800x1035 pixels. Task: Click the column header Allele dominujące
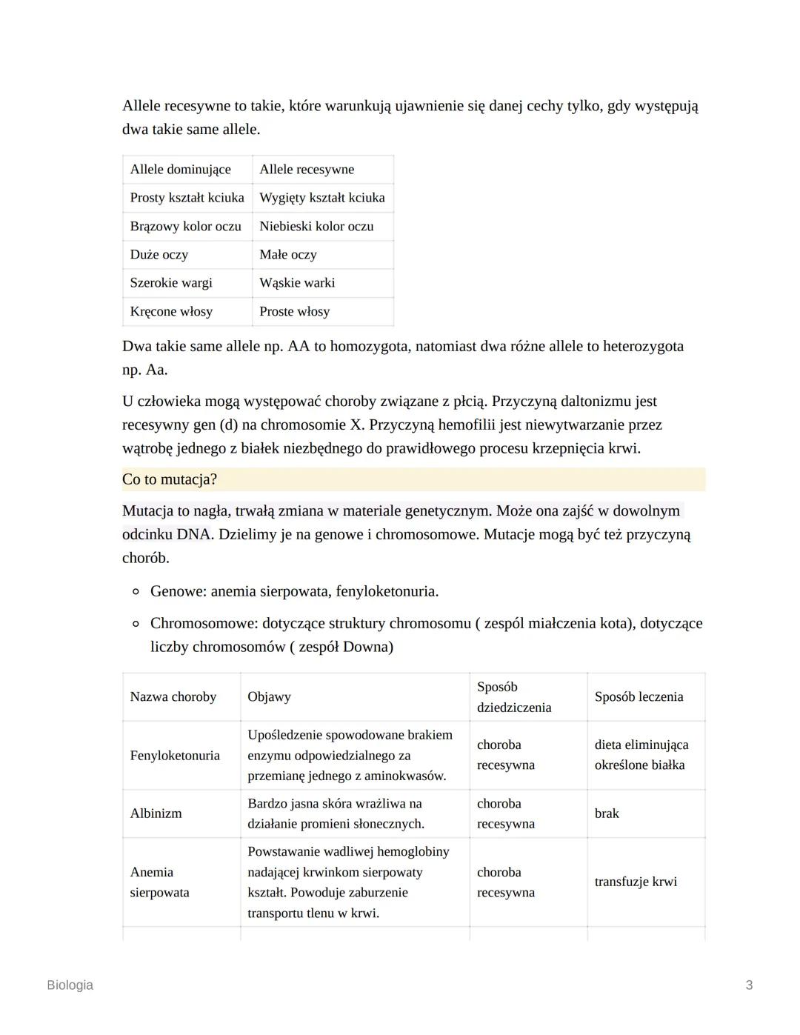180,170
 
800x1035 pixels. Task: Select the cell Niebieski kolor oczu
316,227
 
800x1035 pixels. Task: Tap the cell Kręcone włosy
171,312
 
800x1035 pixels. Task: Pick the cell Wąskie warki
297,283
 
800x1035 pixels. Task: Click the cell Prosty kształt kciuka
187,198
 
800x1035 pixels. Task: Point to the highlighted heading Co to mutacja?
170,479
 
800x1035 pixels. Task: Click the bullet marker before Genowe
136,592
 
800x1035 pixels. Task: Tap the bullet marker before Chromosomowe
136,624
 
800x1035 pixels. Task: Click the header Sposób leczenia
639,697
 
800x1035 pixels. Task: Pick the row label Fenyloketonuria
175,756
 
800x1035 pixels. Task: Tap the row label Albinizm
156,813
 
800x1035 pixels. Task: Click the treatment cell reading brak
607,813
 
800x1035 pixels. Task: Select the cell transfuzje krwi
636,882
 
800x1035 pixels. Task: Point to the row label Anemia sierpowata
159,882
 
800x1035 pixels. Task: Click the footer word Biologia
70,985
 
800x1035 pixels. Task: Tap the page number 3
749,985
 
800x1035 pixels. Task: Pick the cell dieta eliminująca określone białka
641,755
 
